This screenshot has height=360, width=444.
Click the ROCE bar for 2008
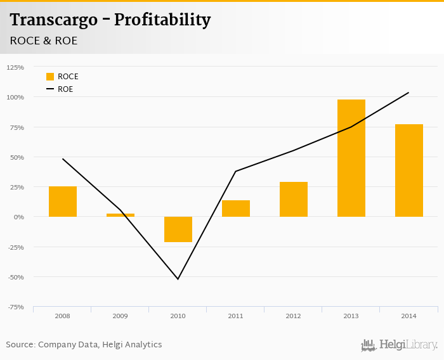pyautogui.click(x=63, y=202)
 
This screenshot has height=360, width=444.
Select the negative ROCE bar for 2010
pyautogui.click(x=178, y=229)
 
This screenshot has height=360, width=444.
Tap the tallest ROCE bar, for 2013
pyautogui.click(x=351, y=158)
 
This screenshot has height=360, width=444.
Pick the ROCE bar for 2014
pyautogui.click(x=409, y=170)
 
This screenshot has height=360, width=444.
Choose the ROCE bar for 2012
pyautogui.click(x=294, y=199)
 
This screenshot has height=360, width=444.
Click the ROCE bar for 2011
pyautogui.click(x=236, y=209)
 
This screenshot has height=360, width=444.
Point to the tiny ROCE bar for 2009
pyautogui.click(x=121, y=215)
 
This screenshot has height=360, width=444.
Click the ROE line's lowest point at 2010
pyautogui.click(x=178, y=279)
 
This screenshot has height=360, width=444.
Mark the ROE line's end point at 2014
pyautogui.click(x=408, y=93)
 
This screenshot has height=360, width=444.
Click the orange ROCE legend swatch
pyautogui.click(x=50, y=77)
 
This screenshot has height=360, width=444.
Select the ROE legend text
pyautogui.click(x=65, y=89)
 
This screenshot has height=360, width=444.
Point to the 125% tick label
pyautogui.click(x=15, y=67)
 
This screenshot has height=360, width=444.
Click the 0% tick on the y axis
pyautogui.click(x=19, y=217)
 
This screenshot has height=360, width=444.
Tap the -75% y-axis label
pyautogui.click(x=15, y=307)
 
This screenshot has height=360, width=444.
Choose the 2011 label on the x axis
pyautogui.click(x=236, y=315)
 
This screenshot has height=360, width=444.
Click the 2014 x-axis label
pyautogui.click(x=409, y=315)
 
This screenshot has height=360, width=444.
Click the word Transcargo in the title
pyautogui.click(x=53, y=20)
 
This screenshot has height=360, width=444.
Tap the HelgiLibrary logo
pyautogui.click(x=399, y=345)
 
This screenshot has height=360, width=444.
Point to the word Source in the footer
pyautogui.click(x=20, y=345)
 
